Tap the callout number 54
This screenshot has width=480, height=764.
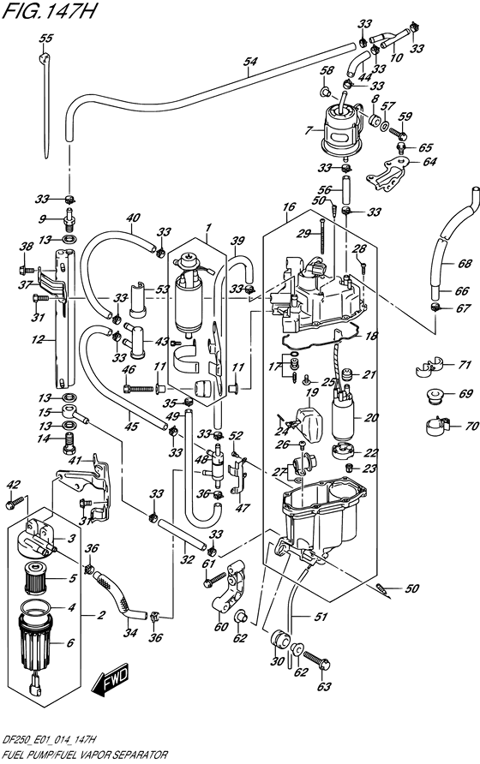(250, 62)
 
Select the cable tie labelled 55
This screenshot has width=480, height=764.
(45, 107)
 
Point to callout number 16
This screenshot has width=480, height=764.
(289, 206)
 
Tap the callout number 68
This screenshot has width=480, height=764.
(465, 264)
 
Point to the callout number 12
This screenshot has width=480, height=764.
(38, 339)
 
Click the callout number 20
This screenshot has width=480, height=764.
(371, 417)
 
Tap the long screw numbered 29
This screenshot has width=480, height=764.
(322, 236)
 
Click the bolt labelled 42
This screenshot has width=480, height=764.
(15, 502)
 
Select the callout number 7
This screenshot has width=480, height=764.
(308, 130)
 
